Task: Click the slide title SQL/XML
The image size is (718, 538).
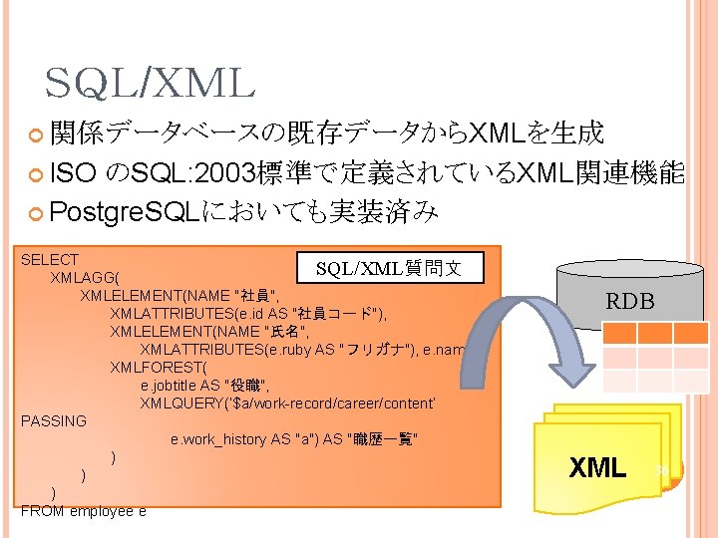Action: point(150,84)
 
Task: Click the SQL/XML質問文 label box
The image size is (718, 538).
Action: point(388,268)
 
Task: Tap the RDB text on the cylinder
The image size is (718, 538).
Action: point(630,301)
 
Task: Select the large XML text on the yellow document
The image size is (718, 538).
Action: point(597,466)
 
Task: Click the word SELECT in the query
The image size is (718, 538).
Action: point(50,260)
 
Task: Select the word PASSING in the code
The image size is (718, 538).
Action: point(54,421)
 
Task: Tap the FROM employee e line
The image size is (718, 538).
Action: point(84,511)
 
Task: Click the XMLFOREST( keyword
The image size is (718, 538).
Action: point(154,367)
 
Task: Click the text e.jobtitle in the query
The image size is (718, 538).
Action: point(171,385)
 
